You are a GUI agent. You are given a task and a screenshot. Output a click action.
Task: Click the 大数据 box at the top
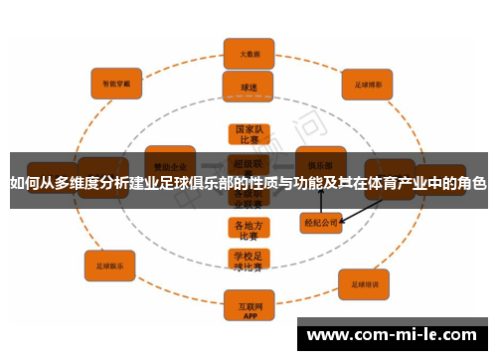(x=248, y=53)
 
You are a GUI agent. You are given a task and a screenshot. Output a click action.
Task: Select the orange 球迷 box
(x=248, y=87)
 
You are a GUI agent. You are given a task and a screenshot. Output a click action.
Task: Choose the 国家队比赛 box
(x=248, y=135)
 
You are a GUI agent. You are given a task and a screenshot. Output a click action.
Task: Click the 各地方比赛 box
(x=248, y=230)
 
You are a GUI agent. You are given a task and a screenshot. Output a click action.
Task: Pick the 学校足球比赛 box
(x=248, y=261)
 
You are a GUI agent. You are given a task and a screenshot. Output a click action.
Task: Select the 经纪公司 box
(x=321, y=224)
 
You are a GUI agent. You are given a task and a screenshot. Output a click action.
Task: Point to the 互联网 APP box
(x=248, y=302)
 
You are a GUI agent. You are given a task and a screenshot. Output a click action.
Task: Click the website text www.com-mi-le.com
(x=392, y=335)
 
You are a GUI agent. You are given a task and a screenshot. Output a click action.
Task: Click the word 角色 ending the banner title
(x=472, y=182)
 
